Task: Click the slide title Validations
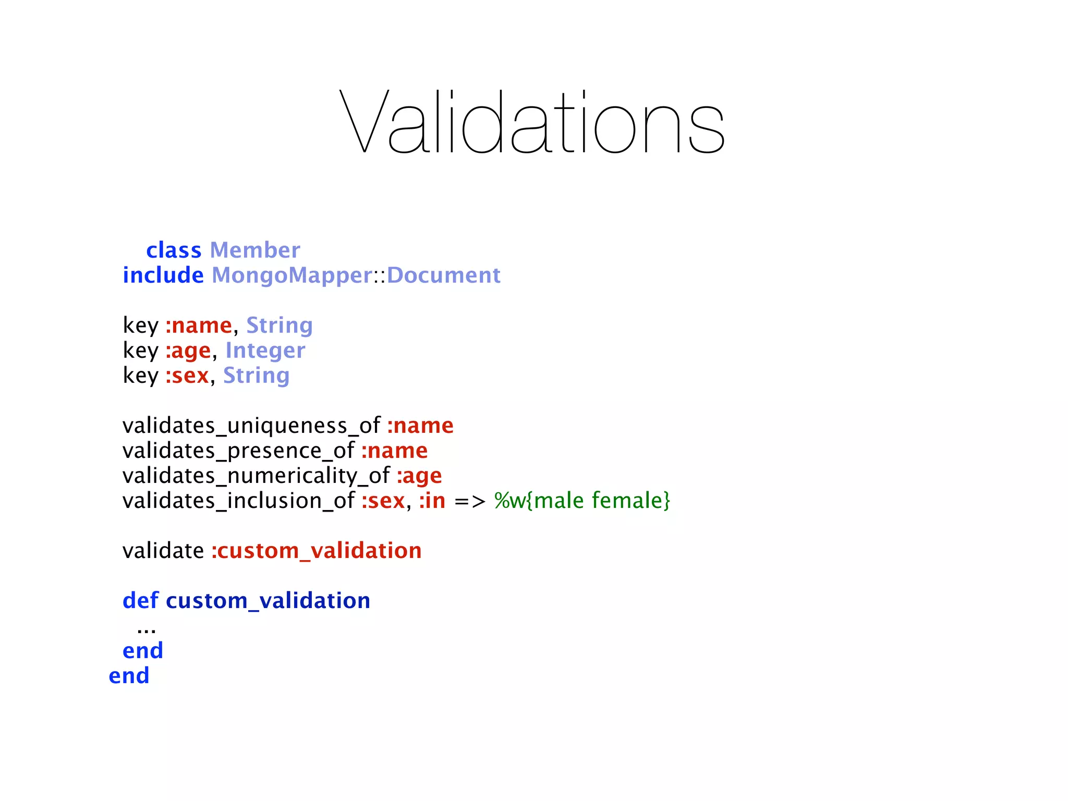[532, 123]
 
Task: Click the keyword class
[173, 251]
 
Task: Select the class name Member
[255, 251]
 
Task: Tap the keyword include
[163, 276]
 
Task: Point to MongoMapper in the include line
[292, 276]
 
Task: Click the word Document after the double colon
[443, 276]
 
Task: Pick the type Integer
[265, 351]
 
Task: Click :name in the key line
[199, 326]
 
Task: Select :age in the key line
[188, 351]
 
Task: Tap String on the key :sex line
[256, 376]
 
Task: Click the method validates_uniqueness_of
[251, 426]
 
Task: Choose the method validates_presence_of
[238, 451]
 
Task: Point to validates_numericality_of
[256, 476]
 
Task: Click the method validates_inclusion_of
[238, 501]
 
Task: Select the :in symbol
[432, 501]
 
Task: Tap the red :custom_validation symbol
[317, 551]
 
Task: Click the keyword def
[140, 601]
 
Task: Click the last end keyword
[129, 676]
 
